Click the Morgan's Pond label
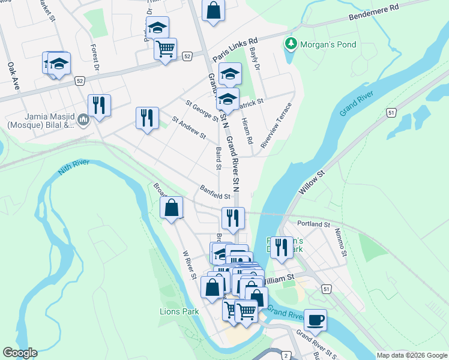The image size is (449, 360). [328, 44]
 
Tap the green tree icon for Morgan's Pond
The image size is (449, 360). [291, 44]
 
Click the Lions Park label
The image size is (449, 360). [179, 311]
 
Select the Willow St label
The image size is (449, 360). [312, 181]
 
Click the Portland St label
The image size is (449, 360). [314, 224]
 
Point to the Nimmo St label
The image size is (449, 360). [340, 242]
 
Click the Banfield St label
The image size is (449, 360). [215, 196]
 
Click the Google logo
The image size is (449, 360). [20, 352]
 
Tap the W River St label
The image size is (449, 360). [189, 265]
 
